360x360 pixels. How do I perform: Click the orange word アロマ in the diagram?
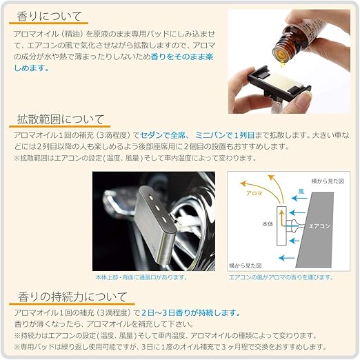[x=255, y=194]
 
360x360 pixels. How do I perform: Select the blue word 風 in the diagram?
[x=300, y=190]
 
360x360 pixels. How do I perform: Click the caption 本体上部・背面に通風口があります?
[x=141, y=277]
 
